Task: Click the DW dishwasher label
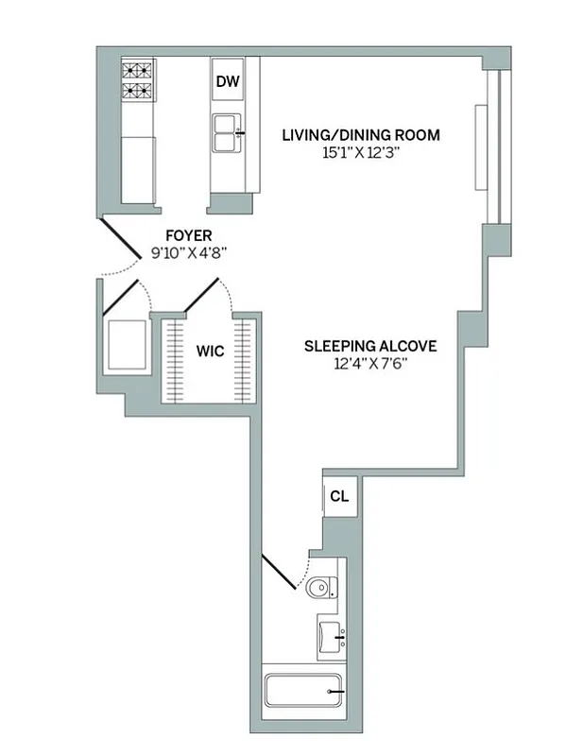[227, 82]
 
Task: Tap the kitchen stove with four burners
[137, 80]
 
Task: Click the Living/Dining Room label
[361, 135]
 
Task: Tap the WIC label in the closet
[210, 352]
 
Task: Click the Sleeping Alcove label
[369, 346]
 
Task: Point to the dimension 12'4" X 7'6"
[369, 363]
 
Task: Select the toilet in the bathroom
[322, 587]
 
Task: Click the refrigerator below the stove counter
[138, 168]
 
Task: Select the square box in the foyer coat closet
[128, 346]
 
